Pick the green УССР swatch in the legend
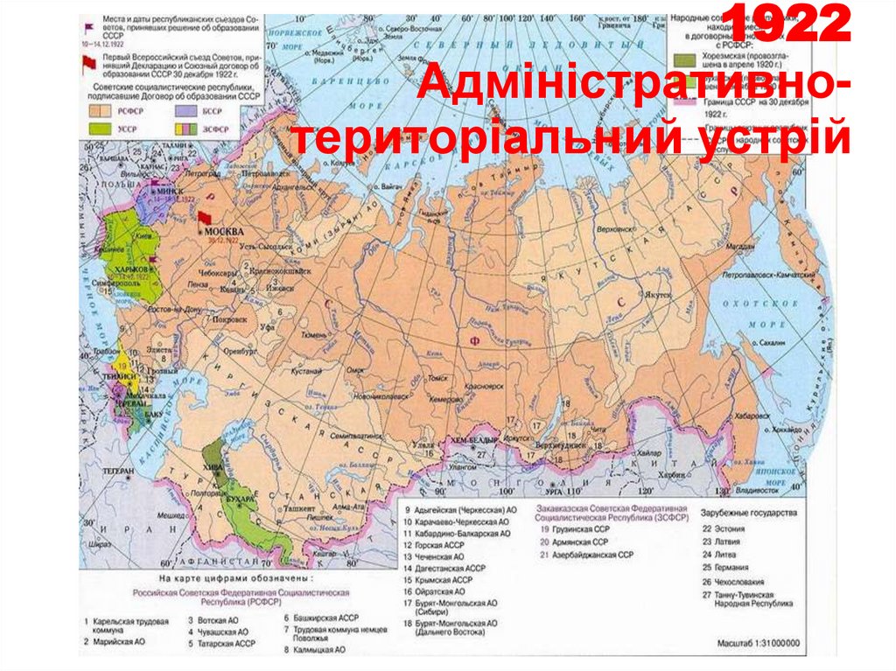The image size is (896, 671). [101, 128]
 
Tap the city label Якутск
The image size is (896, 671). [658, 295]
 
